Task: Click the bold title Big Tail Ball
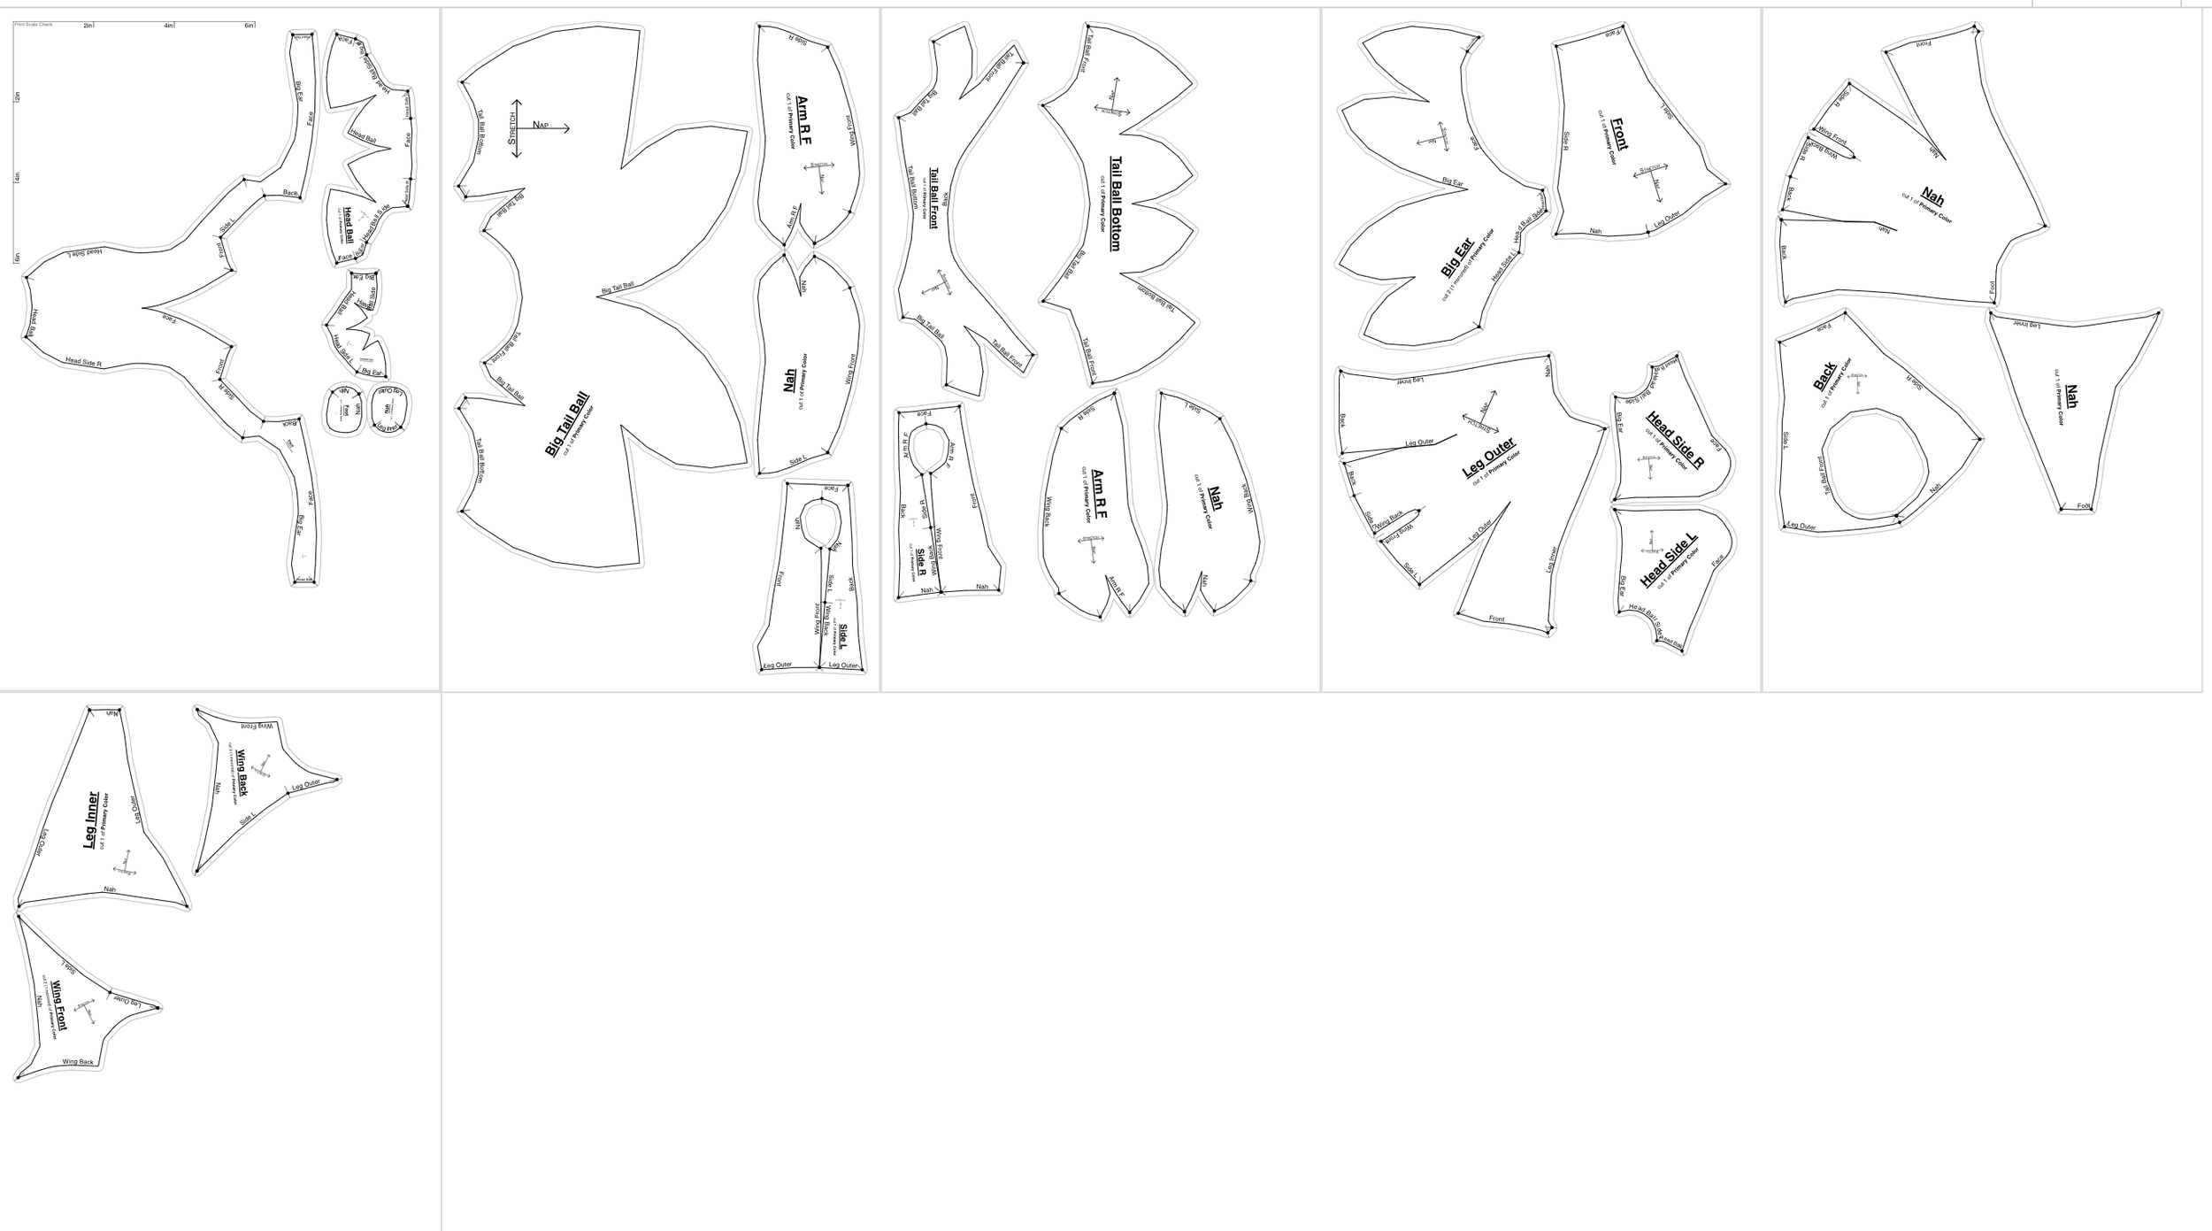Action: (x=567, y=426)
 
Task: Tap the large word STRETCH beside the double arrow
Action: (x=511, y=128)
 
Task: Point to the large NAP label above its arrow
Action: (x=541, y=125)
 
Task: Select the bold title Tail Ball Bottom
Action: (x=1116, y=204)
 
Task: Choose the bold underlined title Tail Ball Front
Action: (x=933, y=198)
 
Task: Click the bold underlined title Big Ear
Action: (x=1456, y=258)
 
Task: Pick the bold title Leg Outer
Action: (x=1489, y=458)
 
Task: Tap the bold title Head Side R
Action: (x=1675, y=440)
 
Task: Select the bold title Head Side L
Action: (x=1669, y=560)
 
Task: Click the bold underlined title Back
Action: (x=1825, y=376)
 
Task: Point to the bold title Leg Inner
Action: (x=91, y=820)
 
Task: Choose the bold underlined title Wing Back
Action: (x=242, y=773)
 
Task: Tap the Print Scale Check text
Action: (x=34, y=25)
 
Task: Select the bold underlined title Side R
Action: (x=921, y=559)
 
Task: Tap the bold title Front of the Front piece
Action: (x=1619, y=135)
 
